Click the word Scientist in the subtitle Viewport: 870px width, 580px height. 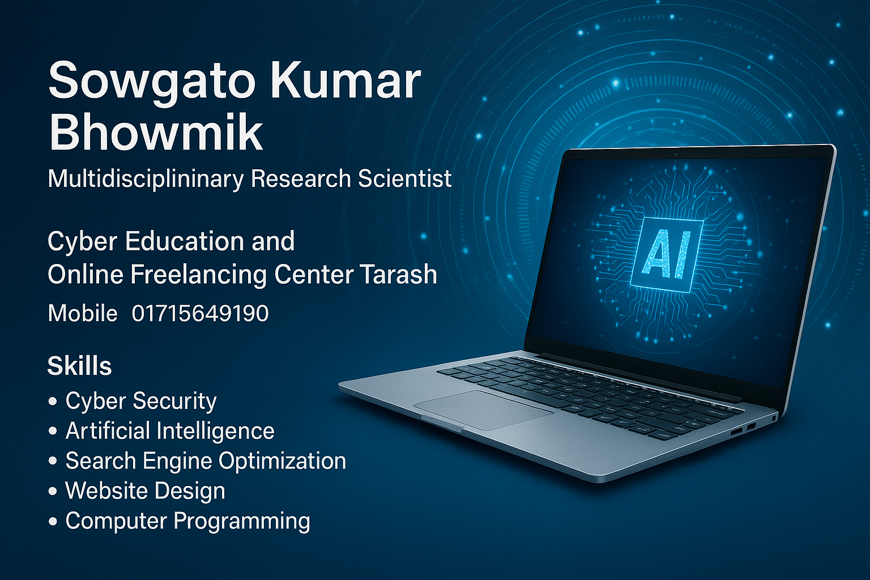[x=405, y=178]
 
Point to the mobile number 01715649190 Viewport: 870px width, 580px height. [x=200, y=313]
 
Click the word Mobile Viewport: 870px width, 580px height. [x=82, y=313]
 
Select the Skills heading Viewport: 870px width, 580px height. [x=79, y=366]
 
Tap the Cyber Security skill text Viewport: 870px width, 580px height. [x=141, y=401]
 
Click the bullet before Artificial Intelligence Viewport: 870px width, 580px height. [x=53, y=431]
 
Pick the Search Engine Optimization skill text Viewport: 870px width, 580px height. [x=206, y=461]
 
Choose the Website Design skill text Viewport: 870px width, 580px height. [x=145, y=491]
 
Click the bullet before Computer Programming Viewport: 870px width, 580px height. [x=53, y=521]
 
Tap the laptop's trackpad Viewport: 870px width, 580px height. [x=483, y=410]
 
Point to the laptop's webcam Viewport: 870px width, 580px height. [x=675, y=155]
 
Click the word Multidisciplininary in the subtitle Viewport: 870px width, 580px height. [x=146, y=180]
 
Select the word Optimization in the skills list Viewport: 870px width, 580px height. [x=282, y=461]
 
